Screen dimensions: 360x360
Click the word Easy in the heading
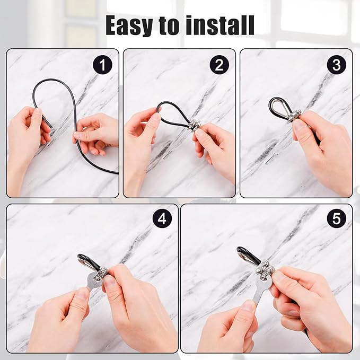(129, 25)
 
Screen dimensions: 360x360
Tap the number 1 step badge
(102, 65)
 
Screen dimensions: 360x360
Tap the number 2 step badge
(219, 65)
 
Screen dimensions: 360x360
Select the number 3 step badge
(336, 65)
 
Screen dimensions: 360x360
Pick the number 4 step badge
(162, 219)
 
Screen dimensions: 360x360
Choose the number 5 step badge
(336, 219)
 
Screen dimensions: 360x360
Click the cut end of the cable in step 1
(51, 126)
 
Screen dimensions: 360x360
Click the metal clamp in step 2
(195, 126)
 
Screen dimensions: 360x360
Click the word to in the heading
(169, 25)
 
